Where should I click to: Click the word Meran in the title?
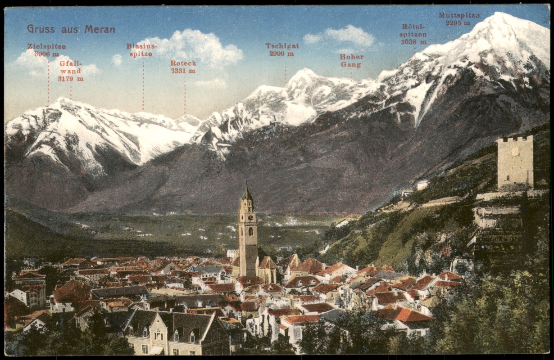pyautogui.click(x=100, y=29)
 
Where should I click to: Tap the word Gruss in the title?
pyautogui.click(x=41, y=29)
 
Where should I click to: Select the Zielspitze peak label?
pyautogui.click(x=46, y=46)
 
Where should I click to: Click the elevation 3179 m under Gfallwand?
pyautogui.click(x=71, y=79)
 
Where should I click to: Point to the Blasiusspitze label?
pyautogui.click(x=141, y=50)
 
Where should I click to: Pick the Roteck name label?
pyautogui.click(x=183, y=63)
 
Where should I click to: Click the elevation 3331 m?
pyautogui.click(x=183, y=71)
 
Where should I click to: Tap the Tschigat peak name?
pyautogui.click(x=282, y=46)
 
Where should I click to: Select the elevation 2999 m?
pyautogui.click(x=282, y=54)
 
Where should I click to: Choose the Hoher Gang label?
pyautogui.click(x=351, y=61)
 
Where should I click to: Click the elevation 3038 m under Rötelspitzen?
pyautogui.click(x=413, y=42)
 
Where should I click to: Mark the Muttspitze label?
pyautogui.click(x=459, y=15)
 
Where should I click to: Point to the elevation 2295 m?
pyautogui.click(x=458, y=22)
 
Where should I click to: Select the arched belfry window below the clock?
pyautogui.click(x=250, y=231)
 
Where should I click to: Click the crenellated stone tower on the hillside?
pyautogui.click(x=515, y=162)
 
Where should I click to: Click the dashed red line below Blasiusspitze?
pyautogui.click(x=143, y=85)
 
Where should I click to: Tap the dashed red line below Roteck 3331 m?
pyautogui.click(x=185, y=94)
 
